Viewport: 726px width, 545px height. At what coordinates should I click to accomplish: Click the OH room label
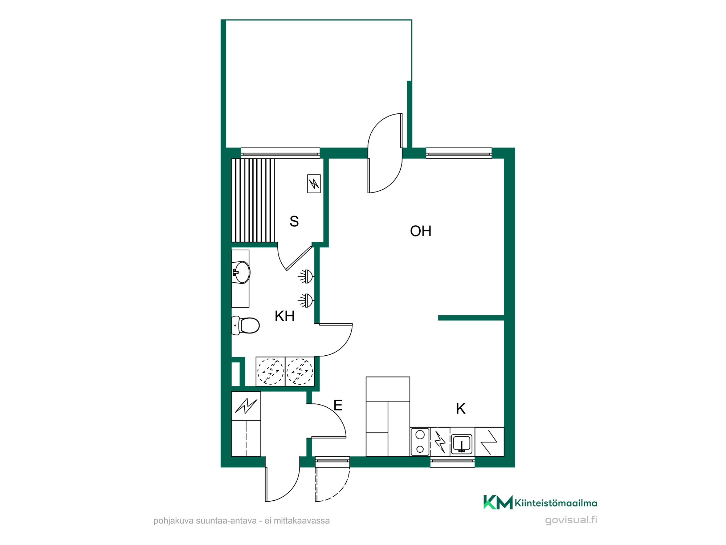(x=421, y=231)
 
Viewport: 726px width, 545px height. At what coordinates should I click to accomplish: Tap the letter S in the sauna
(x=294, y=221)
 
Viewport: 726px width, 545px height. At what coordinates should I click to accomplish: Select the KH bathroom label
(x=285, y=316)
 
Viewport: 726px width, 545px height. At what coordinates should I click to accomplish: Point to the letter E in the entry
(x=338, y=405)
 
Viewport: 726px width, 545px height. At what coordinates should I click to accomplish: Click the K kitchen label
(x=461, y=409)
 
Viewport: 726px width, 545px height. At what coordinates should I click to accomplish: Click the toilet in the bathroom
(x=246, y=325)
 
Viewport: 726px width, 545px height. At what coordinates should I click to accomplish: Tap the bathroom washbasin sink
(x=241, y=272)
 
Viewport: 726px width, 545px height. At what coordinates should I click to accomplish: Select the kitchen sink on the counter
(x=461, y=444)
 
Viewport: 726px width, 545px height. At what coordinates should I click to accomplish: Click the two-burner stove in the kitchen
(x=420, y=442)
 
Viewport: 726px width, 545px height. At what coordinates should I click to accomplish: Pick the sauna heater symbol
(x=314, y=183)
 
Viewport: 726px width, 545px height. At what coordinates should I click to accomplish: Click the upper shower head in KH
(x=306, y=276)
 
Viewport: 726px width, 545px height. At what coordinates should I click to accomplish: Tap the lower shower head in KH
(x=306, y=300)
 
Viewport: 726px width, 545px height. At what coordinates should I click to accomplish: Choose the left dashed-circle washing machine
(x=270, y=371)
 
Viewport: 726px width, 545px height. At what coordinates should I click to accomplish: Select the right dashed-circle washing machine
(x=300, y=371)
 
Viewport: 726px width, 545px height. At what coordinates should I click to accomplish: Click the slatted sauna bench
(x=253, y=200)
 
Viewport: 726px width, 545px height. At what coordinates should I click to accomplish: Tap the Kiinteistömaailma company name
(x=556, y=503)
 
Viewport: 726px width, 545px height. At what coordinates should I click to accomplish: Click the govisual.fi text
(x=571, y=520)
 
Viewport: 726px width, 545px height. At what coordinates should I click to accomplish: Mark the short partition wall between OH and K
(x=471, y=318)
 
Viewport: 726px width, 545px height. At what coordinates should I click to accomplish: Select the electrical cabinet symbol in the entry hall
(x=246, y=406)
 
